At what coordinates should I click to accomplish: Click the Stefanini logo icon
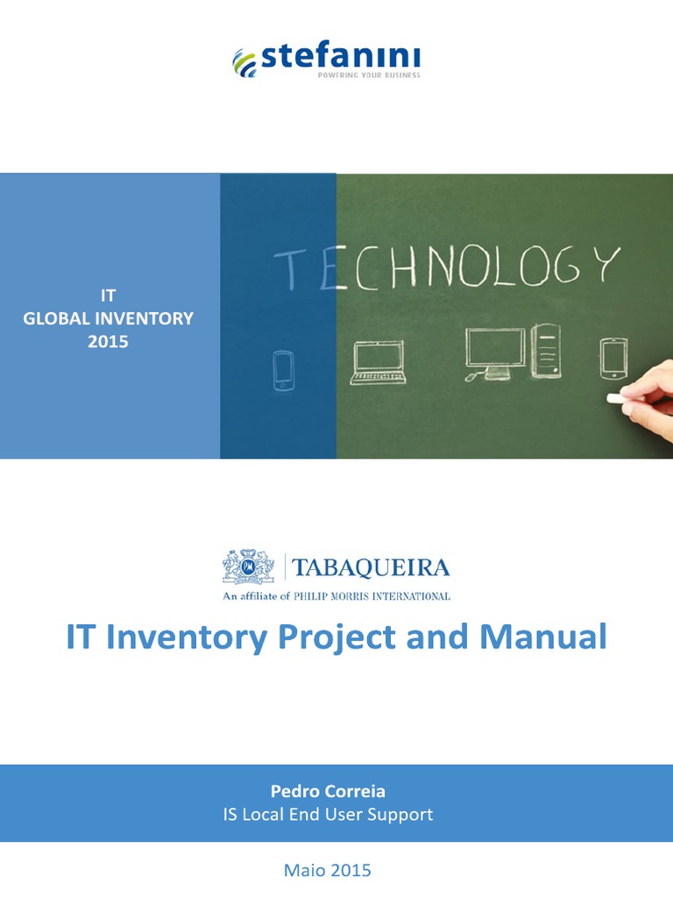click(x=244, y=61)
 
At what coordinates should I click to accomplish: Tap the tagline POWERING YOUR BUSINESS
click(x=368, y=75)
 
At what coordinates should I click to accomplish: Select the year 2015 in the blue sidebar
click(x=108, y=341)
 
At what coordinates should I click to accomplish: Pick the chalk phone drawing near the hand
click(x=613, y=358)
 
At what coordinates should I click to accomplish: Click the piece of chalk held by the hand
click(x=620, y=398)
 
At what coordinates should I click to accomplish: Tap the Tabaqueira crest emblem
click(x=248, y=567)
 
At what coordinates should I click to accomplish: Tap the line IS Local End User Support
click(x=328, y=815)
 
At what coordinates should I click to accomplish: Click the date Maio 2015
click(x=328, y=870)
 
